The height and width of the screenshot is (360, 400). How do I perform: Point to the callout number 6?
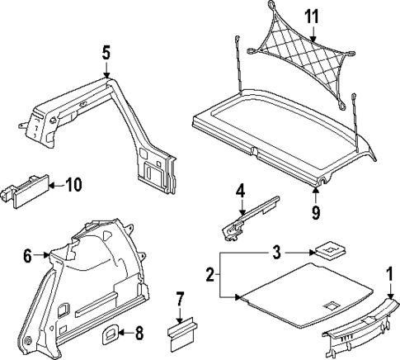[28, 257]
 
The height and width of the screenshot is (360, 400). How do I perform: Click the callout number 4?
[241, 192]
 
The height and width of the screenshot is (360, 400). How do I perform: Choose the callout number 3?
[277, 250]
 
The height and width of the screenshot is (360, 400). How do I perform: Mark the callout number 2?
[209, 273]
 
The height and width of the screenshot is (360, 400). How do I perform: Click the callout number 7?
[180, 299]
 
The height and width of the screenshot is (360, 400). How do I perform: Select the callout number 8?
[138, 334]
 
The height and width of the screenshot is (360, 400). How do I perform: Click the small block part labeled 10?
[30, 186]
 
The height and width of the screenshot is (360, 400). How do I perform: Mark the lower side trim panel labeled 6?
[91, 281]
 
